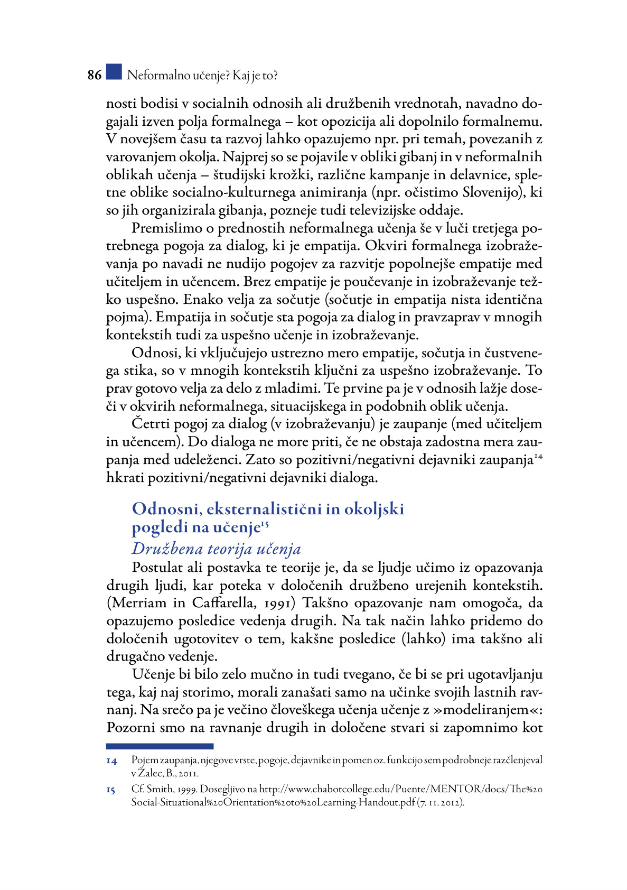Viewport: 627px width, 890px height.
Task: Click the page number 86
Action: (95, 75)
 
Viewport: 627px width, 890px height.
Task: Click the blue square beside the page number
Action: (114, 72)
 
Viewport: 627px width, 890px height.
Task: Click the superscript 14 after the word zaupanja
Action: (538, 456)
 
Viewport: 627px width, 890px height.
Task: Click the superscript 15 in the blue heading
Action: (265, 524)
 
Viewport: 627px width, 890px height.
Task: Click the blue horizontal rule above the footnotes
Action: (160, 746)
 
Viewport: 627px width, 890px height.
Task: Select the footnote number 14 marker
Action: (111, 762)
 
